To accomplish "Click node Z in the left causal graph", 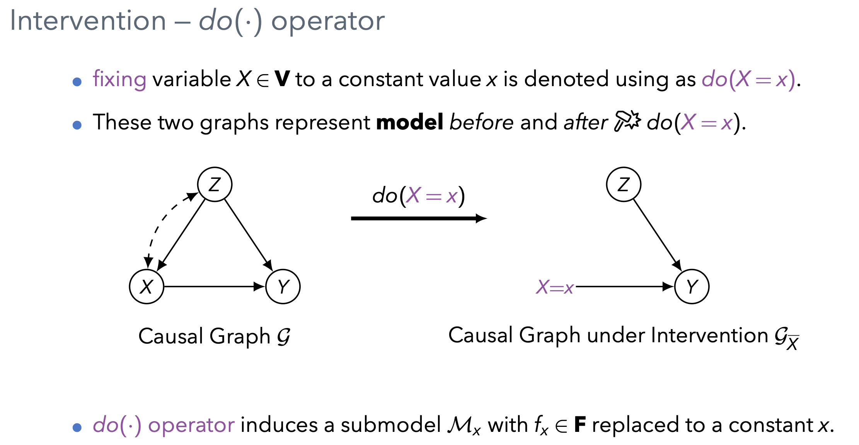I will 215,184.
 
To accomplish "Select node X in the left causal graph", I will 147,287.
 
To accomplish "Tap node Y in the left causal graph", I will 283,287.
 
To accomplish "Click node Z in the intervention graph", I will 624,184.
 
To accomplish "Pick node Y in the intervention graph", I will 692,287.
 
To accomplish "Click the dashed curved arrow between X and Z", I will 159,224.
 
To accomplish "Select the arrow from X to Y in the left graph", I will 213,287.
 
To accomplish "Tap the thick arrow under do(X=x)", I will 418,219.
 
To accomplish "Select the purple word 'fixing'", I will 119,79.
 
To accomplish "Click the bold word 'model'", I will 409,122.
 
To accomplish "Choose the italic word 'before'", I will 481,122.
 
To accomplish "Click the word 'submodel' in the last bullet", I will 390,425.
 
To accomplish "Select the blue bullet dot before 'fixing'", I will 77,82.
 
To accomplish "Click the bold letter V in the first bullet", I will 282,79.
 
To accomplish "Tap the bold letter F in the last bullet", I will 580,425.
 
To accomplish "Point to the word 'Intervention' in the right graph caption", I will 709,335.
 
